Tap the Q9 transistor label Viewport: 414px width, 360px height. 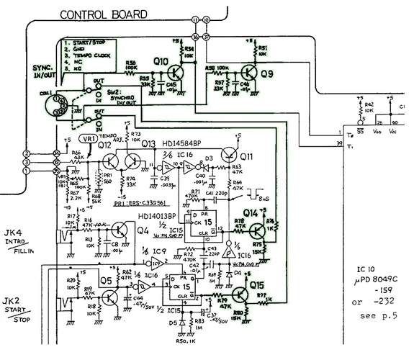[x=267, y=72]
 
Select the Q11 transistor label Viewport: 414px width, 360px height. [x=247, y=157]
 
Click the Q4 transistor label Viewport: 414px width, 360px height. [x=142, y=231]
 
